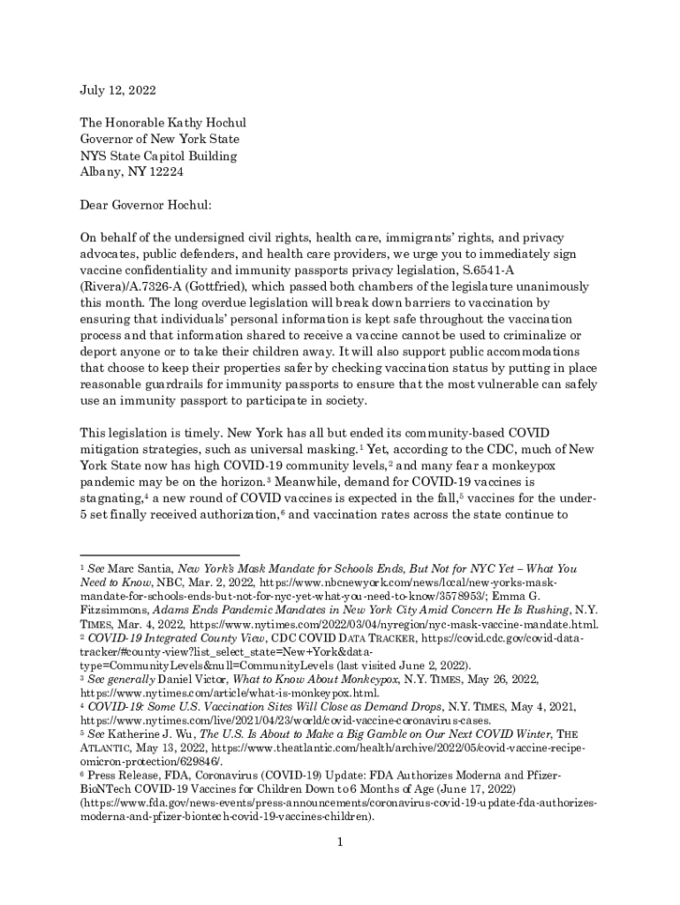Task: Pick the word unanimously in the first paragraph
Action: (x=563, y=287)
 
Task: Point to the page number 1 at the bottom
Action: (x=339, y=842)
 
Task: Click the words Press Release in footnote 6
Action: (x=122, y=774)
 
